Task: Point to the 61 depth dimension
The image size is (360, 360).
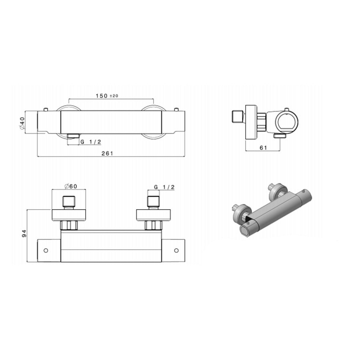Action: tap(263, 148)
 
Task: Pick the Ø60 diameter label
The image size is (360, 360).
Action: tap(71, 186)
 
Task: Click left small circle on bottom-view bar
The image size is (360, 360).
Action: tap(46, 251)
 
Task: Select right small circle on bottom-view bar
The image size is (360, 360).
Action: tap(176, 251)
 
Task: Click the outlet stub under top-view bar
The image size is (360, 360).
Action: tap(72, 136)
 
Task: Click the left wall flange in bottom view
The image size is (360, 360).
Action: tap(70, 215)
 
